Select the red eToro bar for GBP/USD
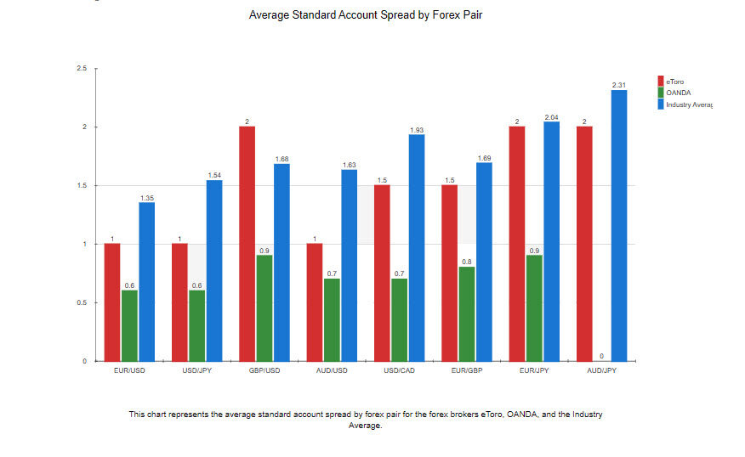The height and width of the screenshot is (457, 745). (x=247, y=244)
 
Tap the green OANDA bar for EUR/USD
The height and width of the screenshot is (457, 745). (x=129, y=326)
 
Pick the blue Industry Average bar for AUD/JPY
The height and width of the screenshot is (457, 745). (x=619, y=225)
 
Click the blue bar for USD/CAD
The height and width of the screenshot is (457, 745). (x=416, y=247)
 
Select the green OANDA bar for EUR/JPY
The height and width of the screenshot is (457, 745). (x=534, y=308)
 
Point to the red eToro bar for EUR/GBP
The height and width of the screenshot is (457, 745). (x=450, y=273)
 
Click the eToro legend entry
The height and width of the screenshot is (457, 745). (x=675, y=82)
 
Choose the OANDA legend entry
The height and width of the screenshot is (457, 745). (x=678, y=93)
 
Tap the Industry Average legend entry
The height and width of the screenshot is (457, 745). (x=687, y=104)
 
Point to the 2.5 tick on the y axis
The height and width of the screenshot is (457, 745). (x=82, y=68)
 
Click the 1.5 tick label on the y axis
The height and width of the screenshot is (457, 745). (x=82, y=185)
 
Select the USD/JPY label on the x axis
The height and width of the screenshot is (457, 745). (x=196, y=371)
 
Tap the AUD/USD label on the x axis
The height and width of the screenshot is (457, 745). (x=332, y=371)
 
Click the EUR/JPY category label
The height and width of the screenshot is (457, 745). (x=534, y=371)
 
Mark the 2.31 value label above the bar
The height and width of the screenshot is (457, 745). (x=619, y=85)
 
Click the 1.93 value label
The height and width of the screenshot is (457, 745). (x=416, y=130)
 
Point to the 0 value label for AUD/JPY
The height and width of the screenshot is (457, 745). (x=601, y=356)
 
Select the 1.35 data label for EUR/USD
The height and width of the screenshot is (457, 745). (x=146, y=198)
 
